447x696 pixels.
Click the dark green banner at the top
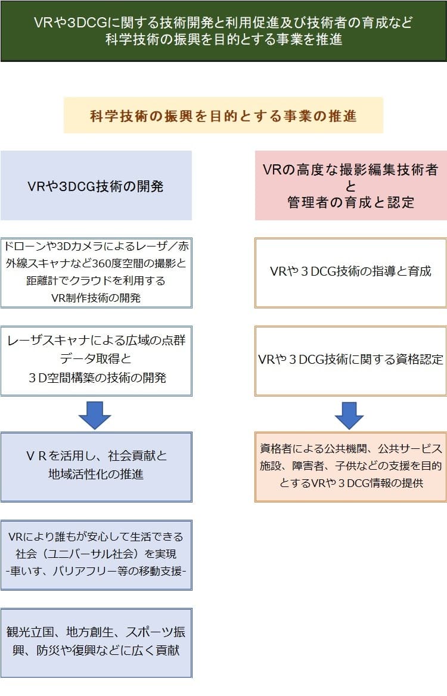click(223, 31)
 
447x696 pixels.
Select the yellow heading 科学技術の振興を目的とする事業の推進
click(223, 116)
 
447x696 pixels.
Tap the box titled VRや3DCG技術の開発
click(96, 186)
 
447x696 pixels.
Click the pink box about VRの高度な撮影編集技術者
click(350, 186)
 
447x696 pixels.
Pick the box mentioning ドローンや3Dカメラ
click(96, 273)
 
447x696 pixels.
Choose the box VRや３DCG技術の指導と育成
click(350, 273)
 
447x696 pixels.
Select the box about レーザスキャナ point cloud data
click(96, 361)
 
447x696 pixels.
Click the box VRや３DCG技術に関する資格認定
click(350, 361)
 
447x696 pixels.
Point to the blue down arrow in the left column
click(95, 414)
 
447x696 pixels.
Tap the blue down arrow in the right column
click(349, 414)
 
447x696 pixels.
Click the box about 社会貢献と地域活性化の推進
click(96, 467)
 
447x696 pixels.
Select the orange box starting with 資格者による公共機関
click(350, 467)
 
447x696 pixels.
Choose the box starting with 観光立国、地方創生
click(96, 642)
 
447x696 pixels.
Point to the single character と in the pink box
click(350, 186)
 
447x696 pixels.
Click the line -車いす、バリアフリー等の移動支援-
click(96, 571)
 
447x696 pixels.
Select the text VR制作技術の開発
click(96, 298)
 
